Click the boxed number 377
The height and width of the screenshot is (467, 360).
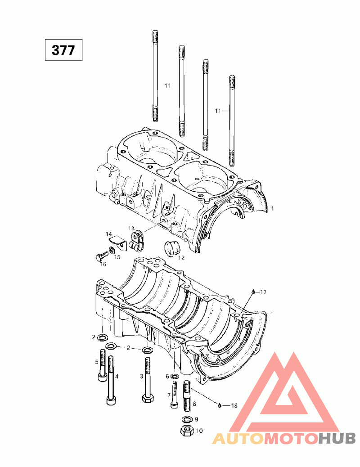(63, 50)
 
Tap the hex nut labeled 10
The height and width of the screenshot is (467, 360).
(187, 431)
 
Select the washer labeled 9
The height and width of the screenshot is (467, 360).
(187, 419)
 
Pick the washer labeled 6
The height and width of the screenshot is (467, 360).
(175, 377)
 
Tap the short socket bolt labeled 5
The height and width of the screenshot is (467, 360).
(102, 365)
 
